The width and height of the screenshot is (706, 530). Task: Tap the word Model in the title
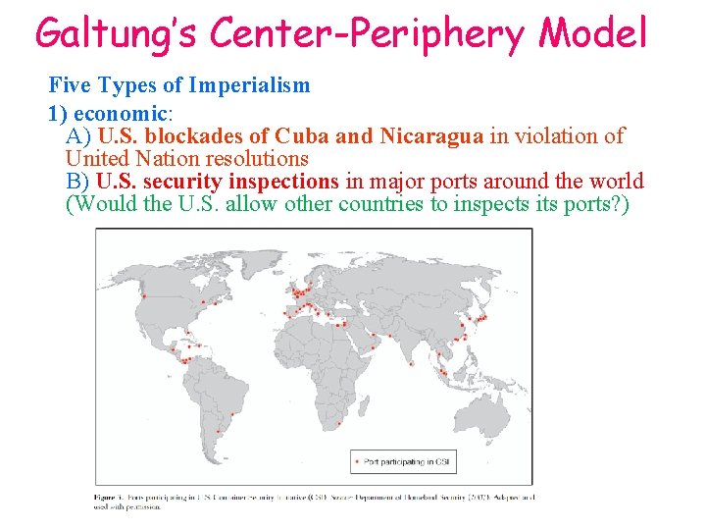(594, 33)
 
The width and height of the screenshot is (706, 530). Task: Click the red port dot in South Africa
(339, 424)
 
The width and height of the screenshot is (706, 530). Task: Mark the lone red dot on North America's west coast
(145, 295)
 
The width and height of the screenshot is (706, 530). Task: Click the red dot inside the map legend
(357, 461)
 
